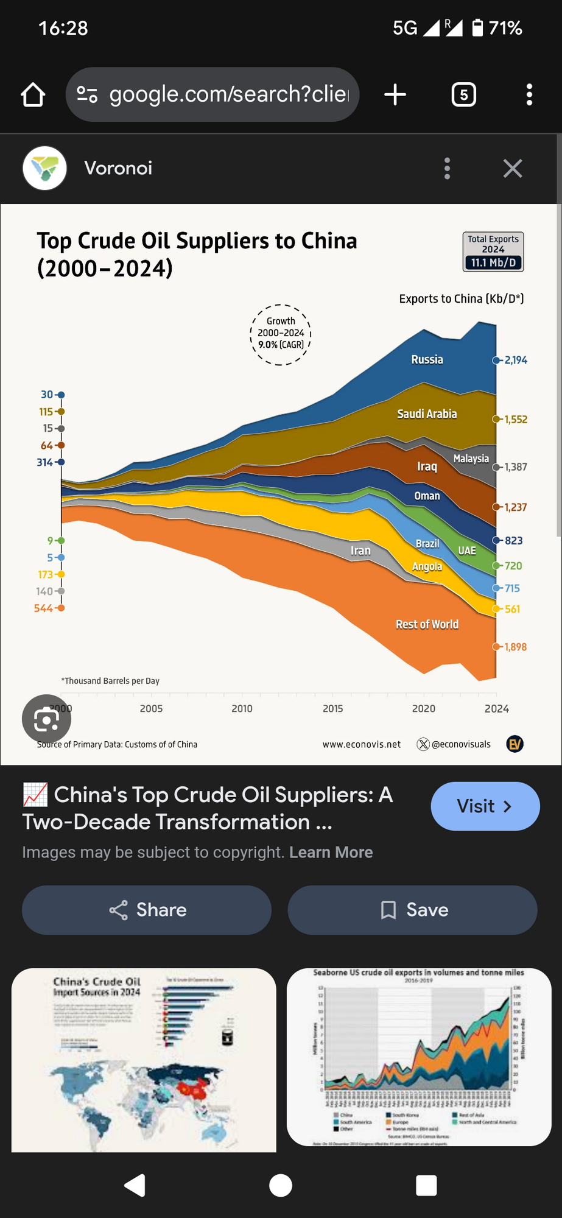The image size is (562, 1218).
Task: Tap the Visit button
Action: click(x=485, y=806)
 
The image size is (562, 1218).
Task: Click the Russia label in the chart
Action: click(x=427, y=360)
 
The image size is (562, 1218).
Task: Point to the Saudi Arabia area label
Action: click(x=427, y=414)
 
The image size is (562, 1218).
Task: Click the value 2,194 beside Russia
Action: click(x=515, y=361)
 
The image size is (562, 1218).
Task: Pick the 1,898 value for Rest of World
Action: click(x=515, y=647)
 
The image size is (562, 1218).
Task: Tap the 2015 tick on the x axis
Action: click(x=332, y=709)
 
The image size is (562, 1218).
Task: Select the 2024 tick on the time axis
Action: click(x=496, y=709)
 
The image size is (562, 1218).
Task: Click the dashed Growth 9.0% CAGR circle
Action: click(x=281, y=334)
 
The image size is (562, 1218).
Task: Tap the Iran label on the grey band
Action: click(x=360, y=551)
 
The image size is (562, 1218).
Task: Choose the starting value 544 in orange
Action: click(x=43, y=608)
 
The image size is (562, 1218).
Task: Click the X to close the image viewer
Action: click(x=513, y=169)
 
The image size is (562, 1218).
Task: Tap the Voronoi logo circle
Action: click(x=44, y=168)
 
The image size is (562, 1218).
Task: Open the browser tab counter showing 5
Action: click(x=463, y=95)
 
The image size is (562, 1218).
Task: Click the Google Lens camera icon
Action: click(x=46, y=719)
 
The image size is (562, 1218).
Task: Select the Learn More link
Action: click(x=331, y=853)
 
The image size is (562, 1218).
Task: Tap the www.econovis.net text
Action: click(x=362, y=744)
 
